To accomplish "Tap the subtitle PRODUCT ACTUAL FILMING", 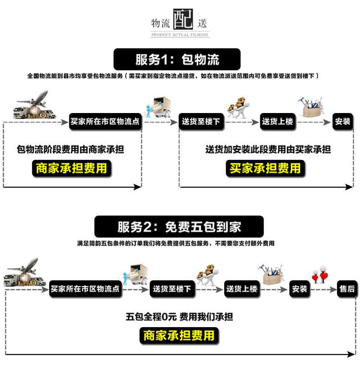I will point(180,35).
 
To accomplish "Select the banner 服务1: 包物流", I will point(177,59).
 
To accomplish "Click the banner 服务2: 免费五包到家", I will point(179,226).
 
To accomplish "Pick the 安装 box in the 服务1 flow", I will point(343,122).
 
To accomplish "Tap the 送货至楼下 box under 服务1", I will point(201,122).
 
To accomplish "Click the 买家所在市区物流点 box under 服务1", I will point(105,122).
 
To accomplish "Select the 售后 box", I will point(347,288).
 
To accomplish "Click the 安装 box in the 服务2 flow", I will point(300,288).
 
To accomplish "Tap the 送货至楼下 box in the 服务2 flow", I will point(172,288).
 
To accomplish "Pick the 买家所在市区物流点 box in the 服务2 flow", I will point(85,288).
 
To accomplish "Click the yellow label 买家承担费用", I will point(265,168).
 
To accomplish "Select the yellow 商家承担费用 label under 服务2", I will point(179,336).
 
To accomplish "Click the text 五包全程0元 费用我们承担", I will point(180,316).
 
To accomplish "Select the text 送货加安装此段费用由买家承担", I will point(267,149).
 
